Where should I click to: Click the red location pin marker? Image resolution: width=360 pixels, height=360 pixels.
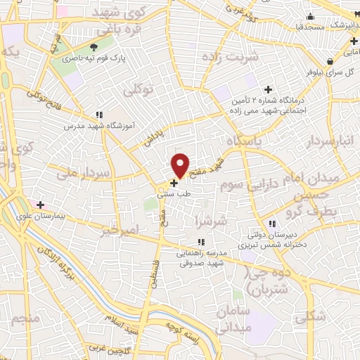181,165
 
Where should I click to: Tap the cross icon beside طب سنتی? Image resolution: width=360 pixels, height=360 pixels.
174,183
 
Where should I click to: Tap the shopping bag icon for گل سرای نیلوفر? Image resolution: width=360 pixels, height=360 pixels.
330,61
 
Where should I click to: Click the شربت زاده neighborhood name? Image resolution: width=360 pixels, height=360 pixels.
231,55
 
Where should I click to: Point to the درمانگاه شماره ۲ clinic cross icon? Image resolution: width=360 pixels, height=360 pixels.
267,89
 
